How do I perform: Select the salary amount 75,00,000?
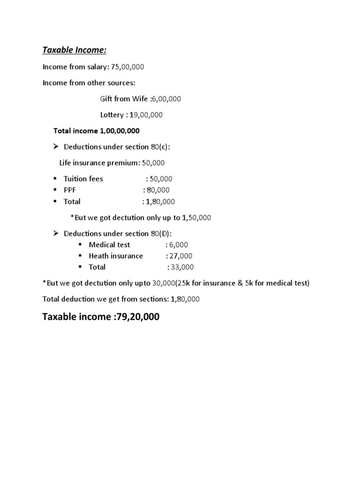point(127,67)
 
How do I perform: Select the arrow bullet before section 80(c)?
point(55,147)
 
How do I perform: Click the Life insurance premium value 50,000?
point(153,163)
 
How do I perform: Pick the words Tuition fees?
point(83,179)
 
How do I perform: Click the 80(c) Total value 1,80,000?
point(160,202)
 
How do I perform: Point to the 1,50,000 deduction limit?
point(196,217)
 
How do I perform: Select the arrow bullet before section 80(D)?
point(55,233)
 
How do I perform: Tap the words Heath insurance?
point(116,256)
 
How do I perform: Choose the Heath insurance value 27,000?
point(181,256)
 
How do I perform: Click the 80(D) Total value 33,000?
point(183,267)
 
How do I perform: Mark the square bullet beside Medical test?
point(80,245)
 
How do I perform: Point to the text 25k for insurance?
point(205,283)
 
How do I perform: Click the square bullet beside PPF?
point(55,190)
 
